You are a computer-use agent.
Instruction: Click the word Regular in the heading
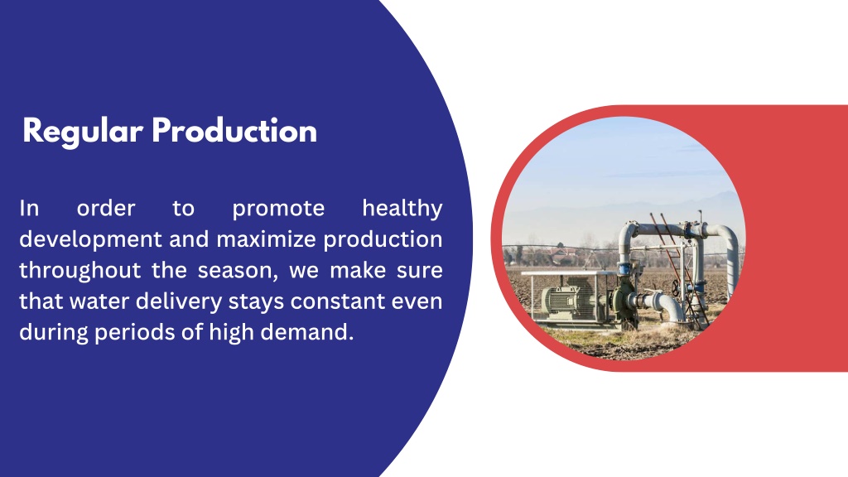pos(83,132)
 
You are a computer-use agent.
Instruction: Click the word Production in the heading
pos(234,130)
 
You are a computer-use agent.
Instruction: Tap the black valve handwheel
pos(675,288)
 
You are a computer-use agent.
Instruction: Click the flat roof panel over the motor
pos(568,273)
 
